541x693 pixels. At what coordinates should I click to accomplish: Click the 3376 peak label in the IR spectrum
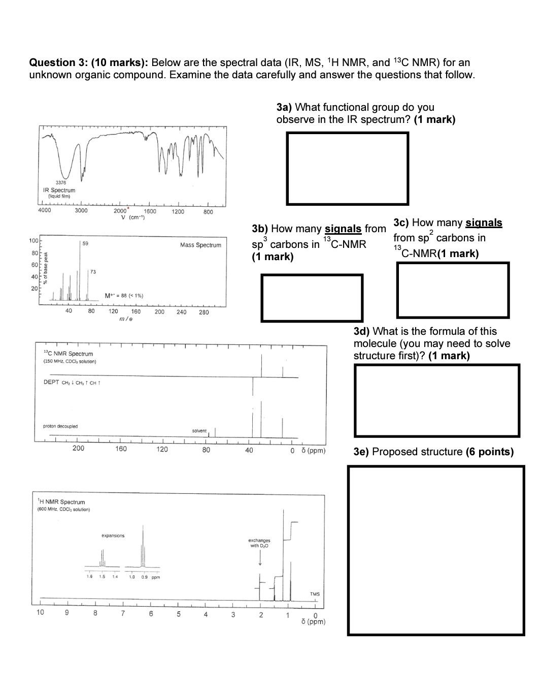tap(60, 182)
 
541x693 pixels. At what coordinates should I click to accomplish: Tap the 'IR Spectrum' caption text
tap(59, 190)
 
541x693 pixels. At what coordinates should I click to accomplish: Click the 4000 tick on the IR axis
tap(45, 211)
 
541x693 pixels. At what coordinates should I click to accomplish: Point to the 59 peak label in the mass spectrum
tap(85, 244)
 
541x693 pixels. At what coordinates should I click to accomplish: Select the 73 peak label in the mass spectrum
tap(93, 272)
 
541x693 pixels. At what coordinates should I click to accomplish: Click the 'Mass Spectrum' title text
tap(200, 245)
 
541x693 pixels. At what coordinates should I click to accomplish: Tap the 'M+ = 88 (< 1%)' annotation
tap(123, 296)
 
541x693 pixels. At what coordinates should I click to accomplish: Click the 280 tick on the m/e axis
tap(204, 312)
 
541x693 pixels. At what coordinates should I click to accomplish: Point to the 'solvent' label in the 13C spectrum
tap(199, 431)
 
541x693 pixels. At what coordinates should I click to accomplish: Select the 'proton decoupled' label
tap(60, 426)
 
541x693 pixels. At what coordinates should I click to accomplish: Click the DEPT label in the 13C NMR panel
tap(51, 382)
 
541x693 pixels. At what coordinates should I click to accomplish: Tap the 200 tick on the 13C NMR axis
tap(78, 449)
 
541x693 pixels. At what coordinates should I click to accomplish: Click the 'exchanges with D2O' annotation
tap(259, 543)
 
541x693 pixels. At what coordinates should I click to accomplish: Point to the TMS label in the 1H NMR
tap(315, 594)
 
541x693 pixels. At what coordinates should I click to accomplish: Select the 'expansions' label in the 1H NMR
tap(113, 535)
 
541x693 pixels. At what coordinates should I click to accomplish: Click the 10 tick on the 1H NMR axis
tap(40, 612)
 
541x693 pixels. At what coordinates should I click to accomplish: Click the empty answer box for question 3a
tap(347, 168)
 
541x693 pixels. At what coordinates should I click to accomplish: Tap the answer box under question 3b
tap(312, 298)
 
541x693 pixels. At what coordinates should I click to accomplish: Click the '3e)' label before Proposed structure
tap(361, 452)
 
